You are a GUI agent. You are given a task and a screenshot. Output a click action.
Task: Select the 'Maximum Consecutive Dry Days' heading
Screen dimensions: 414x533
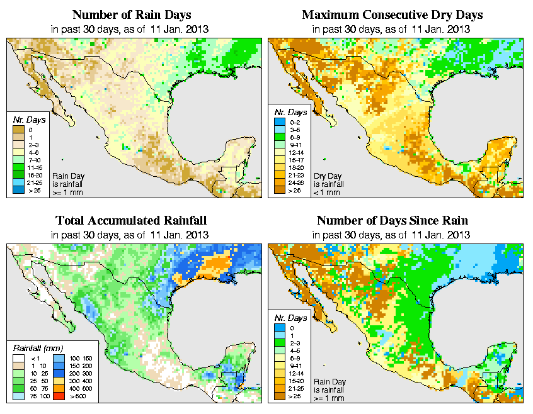coord(393,14)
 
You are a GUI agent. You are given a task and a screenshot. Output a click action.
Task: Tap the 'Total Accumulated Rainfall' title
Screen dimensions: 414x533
coord(130,221)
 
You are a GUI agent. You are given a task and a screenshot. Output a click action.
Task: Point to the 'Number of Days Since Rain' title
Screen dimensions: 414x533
coord(393,221)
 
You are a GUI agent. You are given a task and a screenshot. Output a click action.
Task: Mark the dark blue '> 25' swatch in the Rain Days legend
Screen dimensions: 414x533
coord(18,189)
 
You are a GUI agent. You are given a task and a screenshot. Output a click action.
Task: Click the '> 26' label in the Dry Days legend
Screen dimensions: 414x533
coord(295,191)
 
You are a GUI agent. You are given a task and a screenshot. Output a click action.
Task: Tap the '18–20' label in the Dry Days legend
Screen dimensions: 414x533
coord(295,168)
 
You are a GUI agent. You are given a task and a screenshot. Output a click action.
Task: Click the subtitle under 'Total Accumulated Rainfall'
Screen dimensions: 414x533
coord(130,235)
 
